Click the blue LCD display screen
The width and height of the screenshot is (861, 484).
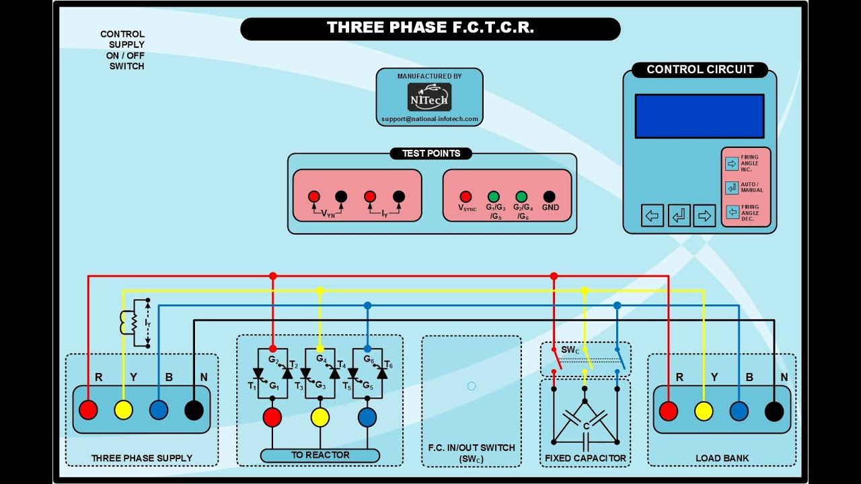coord(699,116)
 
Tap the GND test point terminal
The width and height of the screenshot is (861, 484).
coord(550,197)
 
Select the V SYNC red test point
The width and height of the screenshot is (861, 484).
coord(465,197)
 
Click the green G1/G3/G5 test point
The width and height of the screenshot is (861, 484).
coord(494,197)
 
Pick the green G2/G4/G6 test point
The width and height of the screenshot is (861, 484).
coord(521,197)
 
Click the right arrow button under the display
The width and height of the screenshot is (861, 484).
coord(704,216)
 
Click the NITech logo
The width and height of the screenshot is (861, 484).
coord(429,97)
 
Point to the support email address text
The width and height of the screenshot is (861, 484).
coord(430,119)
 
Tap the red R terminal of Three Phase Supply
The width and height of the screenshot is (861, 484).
coord(88,410)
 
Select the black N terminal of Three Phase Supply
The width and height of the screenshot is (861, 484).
coord(194,410)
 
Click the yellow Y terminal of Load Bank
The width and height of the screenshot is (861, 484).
coord(704,411)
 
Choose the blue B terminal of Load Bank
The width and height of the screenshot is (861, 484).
coord(739,411)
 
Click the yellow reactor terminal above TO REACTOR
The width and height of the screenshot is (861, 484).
coord(320,417)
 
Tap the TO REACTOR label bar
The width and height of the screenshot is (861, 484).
coord(320,455)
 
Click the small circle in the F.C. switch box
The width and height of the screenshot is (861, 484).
coord(472,386)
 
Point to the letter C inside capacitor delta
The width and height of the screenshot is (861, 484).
coord(586,426)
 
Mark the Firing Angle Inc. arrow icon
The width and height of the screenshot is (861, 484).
coord(732,163)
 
